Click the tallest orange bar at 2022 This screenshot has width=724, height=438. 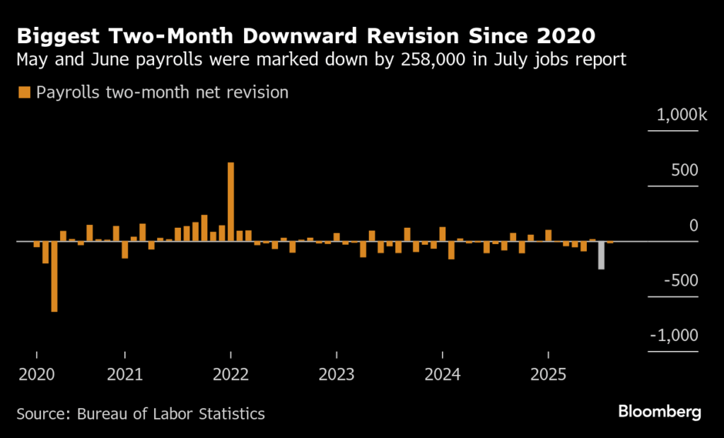click(230, 202)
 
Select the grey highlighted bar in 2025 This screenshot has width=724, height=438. click(601, 255)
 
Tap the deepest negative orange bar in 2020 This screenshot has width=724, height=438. click(54, 276)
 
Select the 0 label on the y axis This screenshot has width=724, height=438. click(693, 226)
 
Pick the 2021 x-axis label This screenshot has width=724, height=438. click(124, 374)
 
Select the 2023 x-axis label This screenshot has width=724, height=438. click(337, 374)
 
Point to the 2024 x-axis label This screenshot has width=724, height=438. click(443, 374)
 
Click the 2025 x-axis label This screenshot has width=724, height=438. click(549, 374)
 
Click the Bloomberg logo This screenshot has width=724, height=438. click(659, 411)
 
